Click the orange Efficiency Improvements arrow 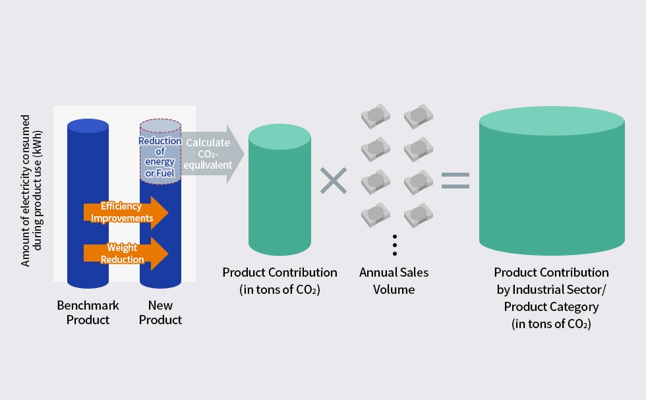pos(126,213)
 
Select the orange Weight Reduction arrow pos(126,254)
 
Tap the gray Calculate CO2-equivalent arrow pos(212,154)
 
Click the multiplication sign pos(334,181)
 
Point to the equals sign pos(455,181)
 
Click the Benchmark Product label pos(88,312)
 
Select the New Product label pos(160,312)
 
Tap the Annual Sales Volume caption pos(394,281)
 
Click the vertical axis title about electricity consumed pos(32,190)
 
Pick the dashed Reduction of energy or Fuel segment pos(160,152)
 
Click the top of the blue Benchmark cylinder pos(88,126)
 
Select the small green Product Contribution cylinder pos(279,190)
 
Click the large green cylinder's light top pos(552,121)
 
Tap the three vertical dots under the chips pos(395,245)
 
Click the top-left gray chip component pos(375,116)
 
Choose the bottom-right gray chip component pos(418,215)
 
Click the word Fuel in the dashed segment pos(165,173)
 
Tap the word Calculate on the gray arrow pos(208,143)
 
